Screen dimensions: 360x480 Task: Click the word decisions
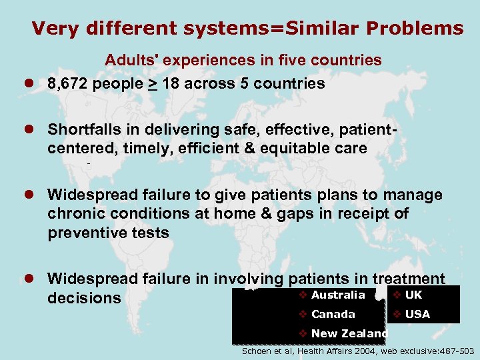[x=83, y=298]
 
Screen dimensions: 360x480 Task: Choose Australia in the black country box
[x=338, y=295]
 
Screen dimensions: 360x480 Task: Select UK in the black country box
[x=413, y=295]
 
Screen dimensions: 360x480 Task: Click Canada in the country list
[x=333, y=314]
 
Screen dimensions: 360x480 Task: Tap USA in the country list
[x=417, y=314]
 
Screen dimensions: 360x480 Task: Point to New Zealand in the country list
[x=349, y=333]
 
